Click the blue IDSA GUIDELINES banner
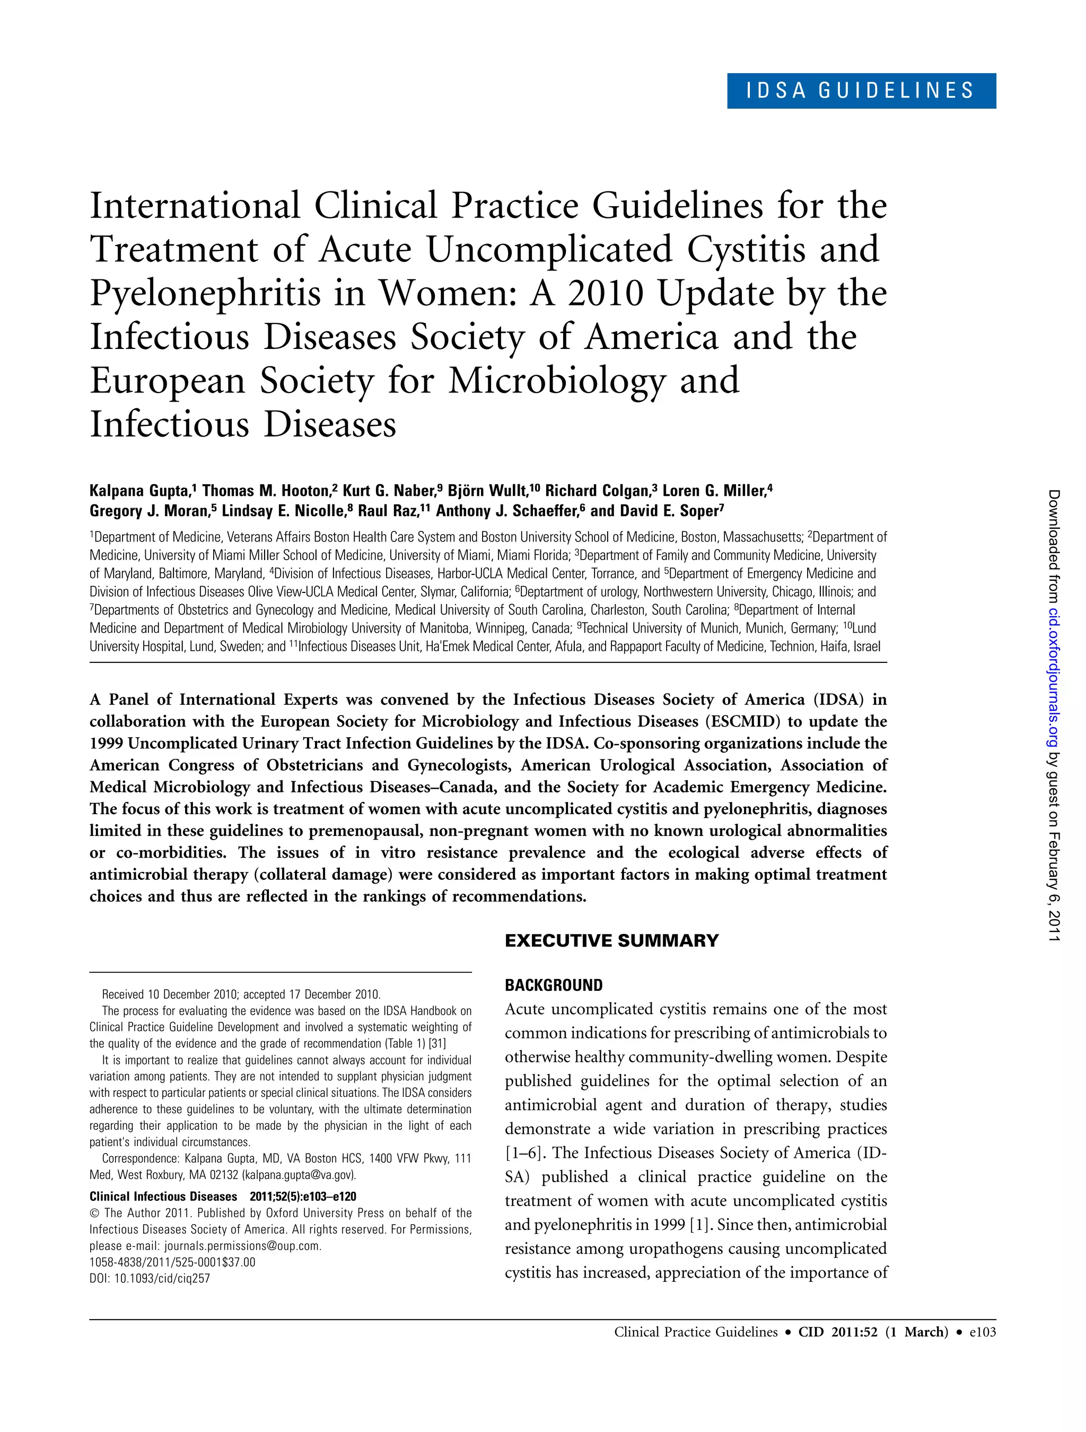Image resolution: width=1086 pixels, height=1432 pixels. point(861,91)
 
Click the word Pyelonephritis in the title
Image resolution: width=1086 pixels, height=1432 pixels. point(205,293)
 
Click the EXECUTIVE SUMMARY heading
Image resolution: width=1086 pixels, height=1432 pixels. point(611,941)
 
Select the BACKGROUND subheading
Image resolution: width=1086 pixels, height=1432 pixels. point(554,985)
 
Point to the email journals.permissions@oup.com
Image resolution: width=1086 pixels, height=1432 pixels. point(242,1245)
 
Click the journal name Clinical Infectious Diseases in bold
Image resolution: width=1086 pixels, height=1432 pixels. point(163,1197)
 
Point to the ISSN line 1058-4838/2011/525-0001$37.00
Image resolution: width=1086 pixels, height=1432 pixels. point(172,1262)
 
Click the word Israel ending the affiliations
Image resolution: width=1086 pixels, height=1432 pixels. point(867,646)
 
